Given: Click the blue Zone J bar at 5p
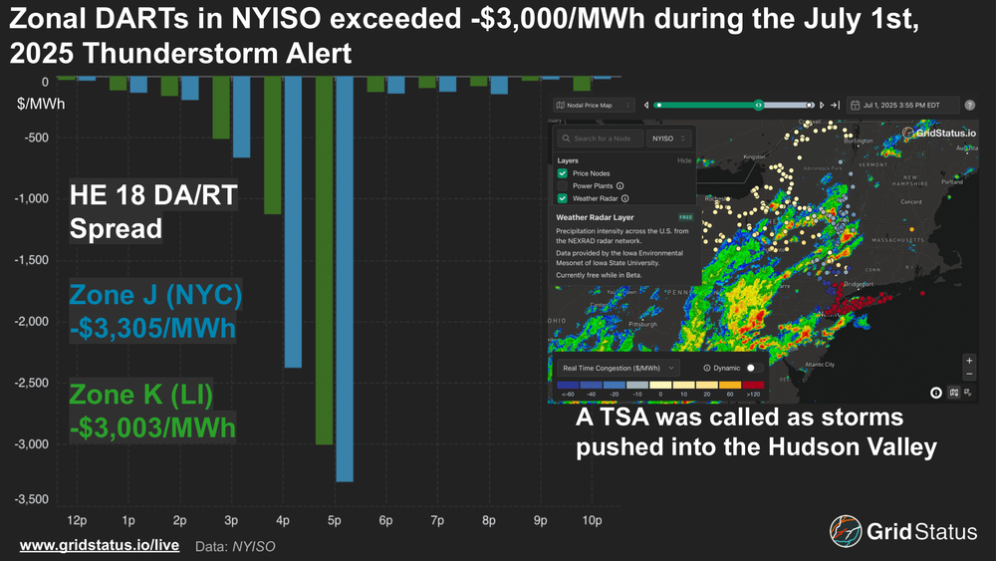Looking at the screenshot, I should click(x=344, y=279).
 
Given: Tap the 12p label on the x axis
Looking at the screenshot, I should click(x=76, y=521).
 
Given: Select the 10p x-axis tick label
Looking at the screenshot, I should click(x=592, y=521).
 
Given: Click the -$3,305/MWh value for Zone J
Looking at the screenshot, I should click(x=152, y=327).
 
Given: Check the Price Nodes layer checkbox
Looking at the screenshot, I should click(x=563, y=173).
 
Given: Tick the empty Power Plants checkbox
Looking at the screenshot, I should click(x=563, y=185).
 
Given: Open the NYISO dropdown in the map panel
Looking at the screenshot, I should click(x=669, y=139).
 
